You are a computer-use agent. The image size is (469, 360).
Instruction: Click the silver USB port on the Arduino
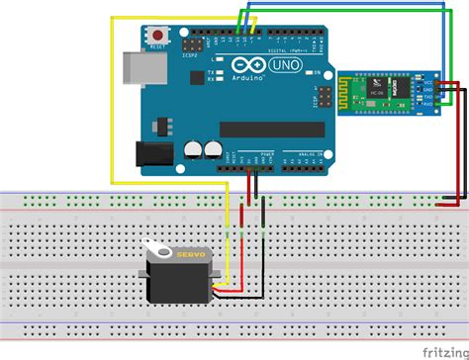coord(140,68)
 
